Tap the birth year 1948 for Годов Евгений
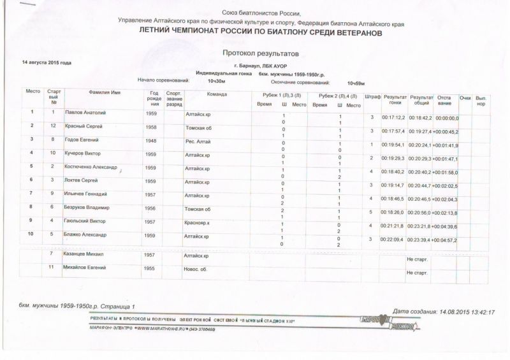click(151, 140)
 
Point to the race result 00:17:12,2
click(393, 118)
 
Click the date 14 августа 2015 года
click(47, 63)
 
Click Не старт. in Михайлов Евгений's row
click(416, 273)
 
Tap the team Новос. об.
click(196, 270)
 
